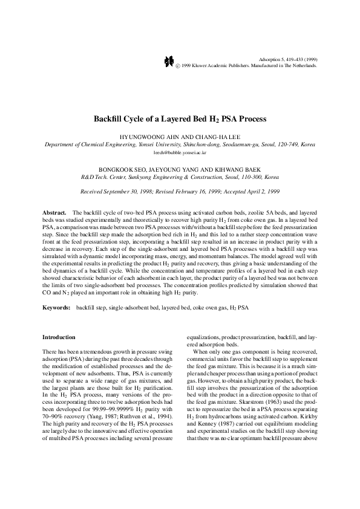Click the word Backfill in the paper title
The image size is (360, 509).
pos(113,119)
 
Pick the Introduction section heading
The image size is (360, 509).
pos(59,337)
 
